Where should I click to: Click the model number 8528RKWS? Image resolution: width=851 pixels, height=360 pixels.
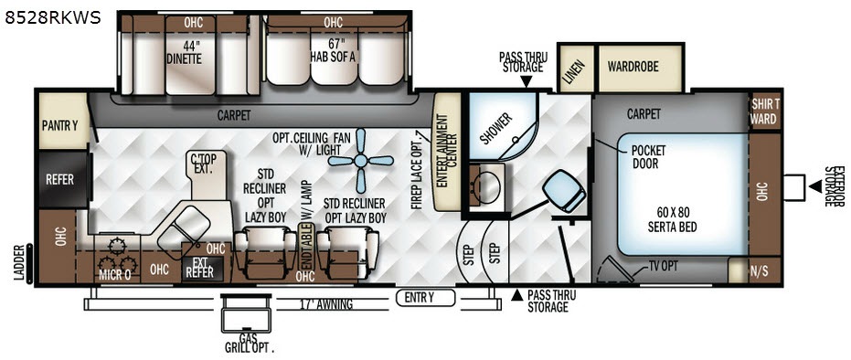(x=53, y=18)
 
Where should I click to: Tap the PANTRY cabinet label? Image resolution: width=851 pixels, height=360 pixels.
(x=60, y=126)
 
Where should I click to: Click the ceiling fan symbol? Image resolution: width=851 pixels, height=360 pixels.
(x=360, y=161)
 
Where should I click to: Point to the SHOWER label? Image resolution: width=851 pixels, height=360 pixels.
(x=496, y=129)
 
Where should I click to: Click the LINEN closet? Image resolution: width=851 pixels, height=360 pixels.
(x=576, y=69)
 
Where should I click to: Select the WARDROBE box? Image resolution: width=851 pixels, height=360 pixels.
(x=640, y=68)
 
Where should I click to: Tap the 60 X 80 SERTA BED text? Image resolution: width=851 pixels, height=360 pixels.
(x=673, y=220)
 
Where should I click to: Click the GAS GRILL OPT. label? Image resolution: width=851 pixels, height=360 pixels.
(x=250, y=343)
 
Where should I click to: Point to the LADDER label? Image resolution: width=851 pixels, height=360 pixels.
(x=20, y=263)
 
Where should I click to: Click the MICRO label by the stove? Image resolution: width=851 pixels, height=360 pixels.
(x=115, y=275)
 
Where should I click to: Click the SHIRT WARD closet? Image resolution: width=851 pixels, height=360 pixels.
(x=765, y=112)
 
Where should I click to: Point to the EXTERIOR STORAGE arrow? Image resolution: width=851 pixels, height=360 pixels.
(x=815, y=186)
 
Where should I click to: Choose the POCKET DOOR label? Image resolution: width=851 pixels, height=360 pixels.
(x=648, y=155)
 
